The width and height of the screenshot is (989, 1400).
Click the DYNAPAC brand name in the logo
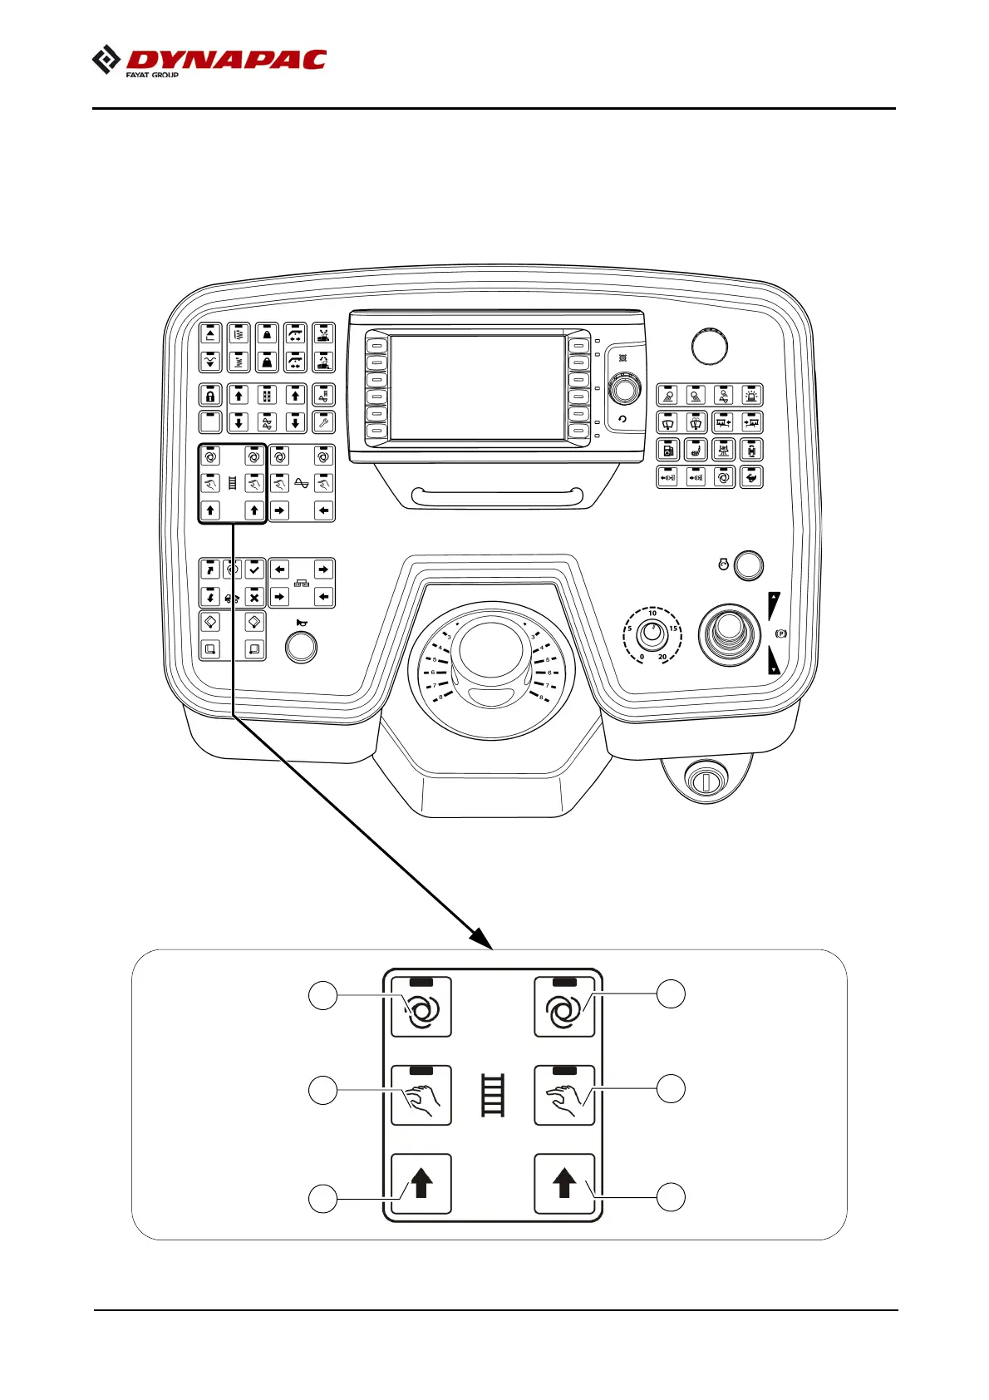click(225, 60)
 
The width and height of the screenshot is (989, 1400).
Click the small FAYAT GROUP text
click(152, 75)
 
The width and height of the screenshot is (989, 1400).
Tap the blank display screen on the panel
click(477, 387)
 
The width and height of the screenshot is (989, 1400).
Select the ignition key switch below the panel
click(705, 781)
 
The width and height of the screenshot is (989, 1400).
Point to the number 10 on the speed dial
click(652, 614)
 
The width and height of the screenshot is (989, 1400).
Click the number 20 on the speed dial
click(662, 657)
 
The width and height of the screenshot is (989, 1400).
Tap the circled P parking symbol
click(780, 633)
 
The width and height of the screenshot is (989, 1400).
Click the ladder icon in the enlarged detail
click(493, 1095)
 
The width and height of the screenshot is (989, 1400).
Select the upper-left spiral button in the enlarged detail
click(421, 1008)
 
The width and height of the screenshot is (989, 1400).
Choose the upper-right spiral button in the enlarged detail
click(564, 1008)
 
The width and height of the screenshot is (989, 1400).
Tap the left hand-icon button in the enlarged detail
click(421, 1096)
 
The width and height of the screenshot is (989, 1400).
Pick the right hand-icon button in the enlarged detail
click(564, 1096)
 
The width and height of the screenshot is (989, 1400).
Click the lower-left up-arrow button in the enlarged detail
click(421, 1184)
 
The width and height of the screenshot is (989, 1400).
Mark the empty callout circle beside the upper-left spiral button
click(323, 995)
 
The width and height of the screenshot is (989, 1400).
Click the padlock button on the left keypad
click(211, 396)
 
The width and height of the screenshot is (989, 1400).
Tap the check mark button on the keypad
click(254, 569)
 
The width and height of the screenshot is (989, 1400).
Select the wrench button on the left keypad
click(323, 422)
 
